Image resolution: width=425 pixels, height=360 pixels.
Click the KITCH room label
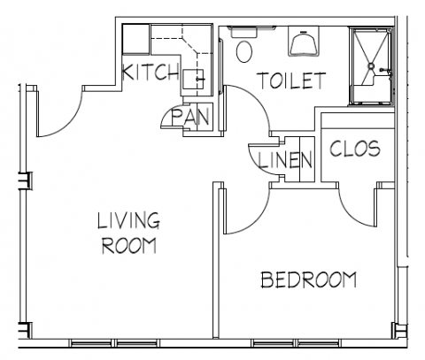click(x=151, y=72)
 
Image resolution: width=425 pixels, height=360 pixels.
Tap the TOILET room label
click(x=291, y=80)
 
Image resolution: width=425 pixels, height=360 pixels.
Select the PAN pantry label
click(x=190, y=117)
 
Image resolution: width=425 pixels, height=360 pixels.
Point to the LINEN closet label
click(x=285, y=160)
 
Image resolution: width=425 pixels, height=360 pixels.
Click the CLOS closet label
click(x=355, y=149)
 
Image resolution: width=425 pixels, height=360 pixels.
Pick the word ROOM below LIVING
click(x=129, y=245)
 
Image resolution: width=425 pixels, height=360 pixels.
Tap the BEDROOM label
click(x=309, y=280)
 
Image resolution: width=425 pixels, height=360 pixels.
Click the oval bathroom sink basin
click(x=244, y=51)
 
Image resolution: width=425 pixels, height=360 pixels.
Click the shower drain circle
click(x=371, y=66)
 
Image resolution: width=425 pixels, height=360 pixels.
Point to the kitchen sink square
click(x=193, y=79)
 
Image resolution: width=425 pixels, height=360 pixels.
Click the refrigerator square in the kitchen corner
click(x=135, y=40)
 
